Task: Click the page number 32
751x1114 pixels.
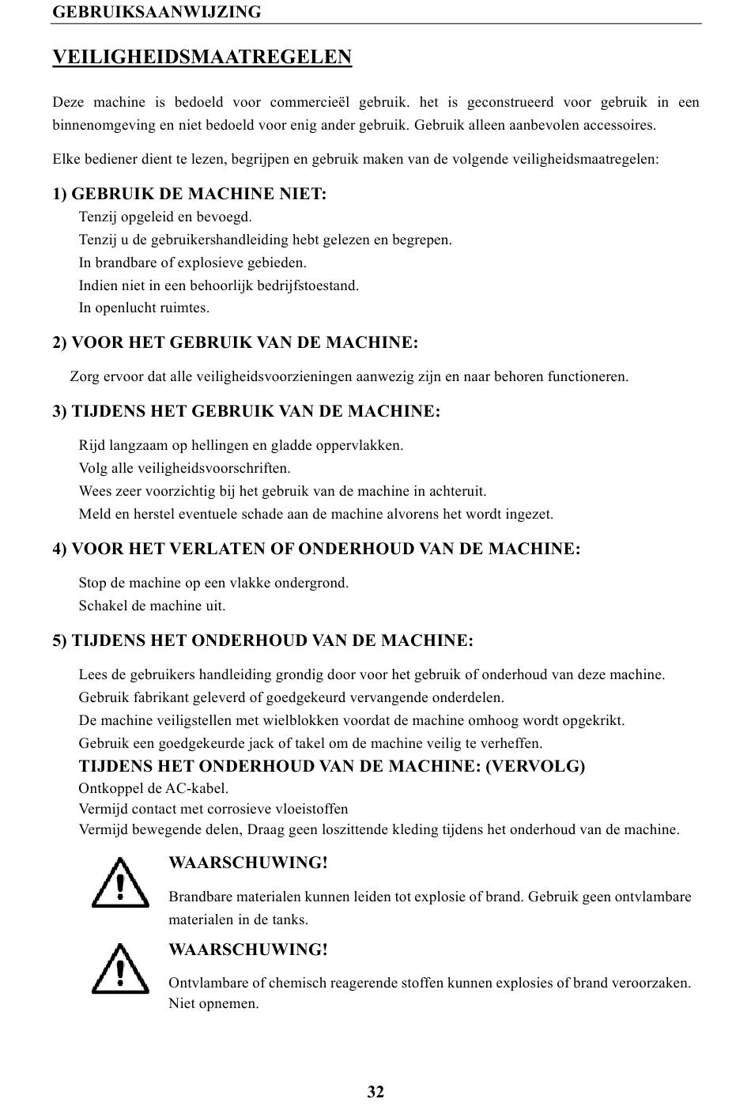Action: click(375, 1092)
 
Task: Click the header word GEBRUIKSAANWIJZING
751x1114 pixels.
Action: click(157, 12)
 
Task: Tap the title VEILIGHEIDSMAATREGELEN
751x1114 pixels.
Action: click(202, 57)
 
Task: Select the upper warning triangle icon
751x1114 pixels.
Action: click(120, 882)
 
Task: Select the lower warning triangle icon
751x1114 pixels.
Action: click(120, 969)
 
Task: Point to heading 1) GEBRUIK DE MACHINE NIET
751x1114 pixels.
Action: click(190, 194)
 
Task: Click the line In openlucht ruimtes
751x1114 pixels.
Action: click(144, 308)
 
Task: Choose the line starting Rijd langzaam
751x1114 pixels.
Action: click(240, 445)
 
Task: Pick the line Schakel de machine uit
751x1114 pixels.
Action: click(152, 606)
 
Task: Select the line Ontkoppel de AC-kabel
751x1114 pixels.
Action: click(153, 788)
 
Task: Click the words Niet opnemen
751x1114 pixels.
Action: click(213, 1004)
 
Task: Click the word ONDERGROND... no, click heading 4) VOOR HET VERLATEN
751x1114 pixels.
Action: click(316, 549)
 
